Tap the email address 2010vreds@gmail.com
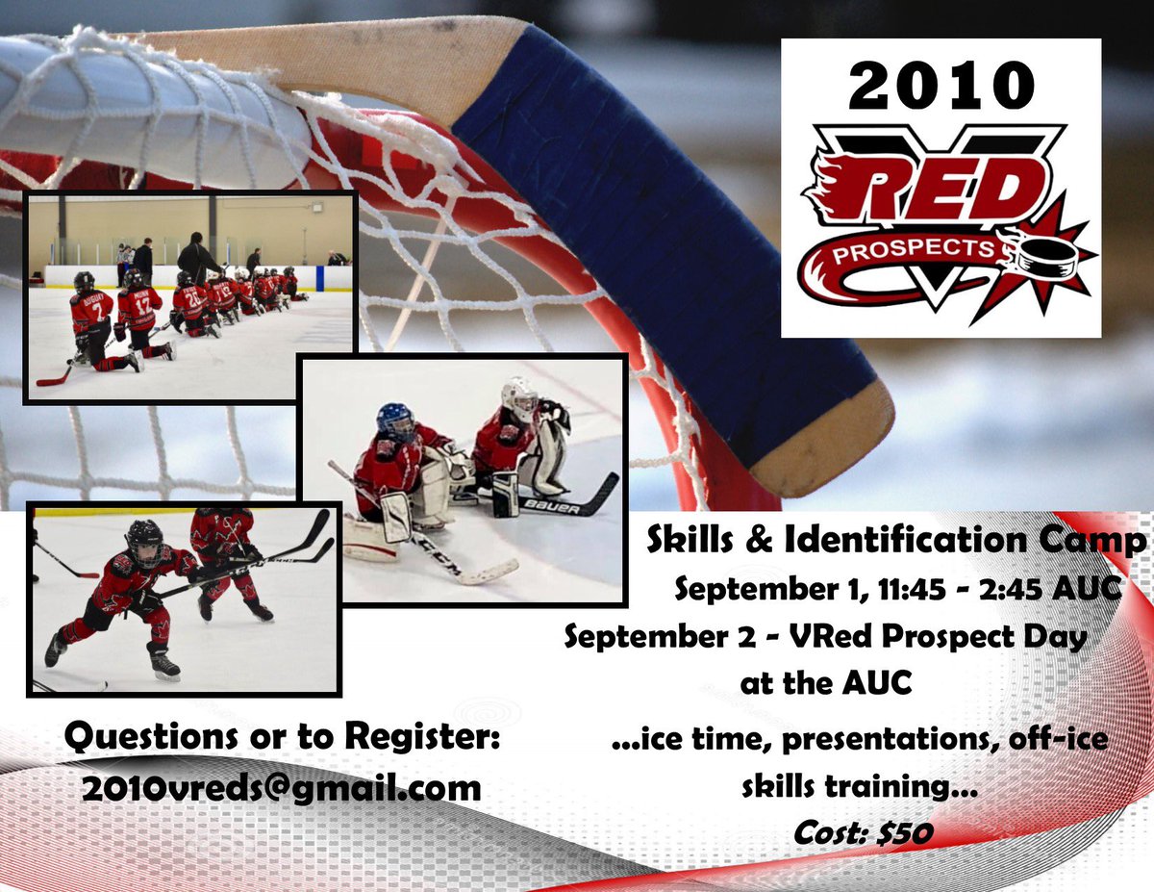point(281,787)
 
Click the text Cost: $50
point(863,832)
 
